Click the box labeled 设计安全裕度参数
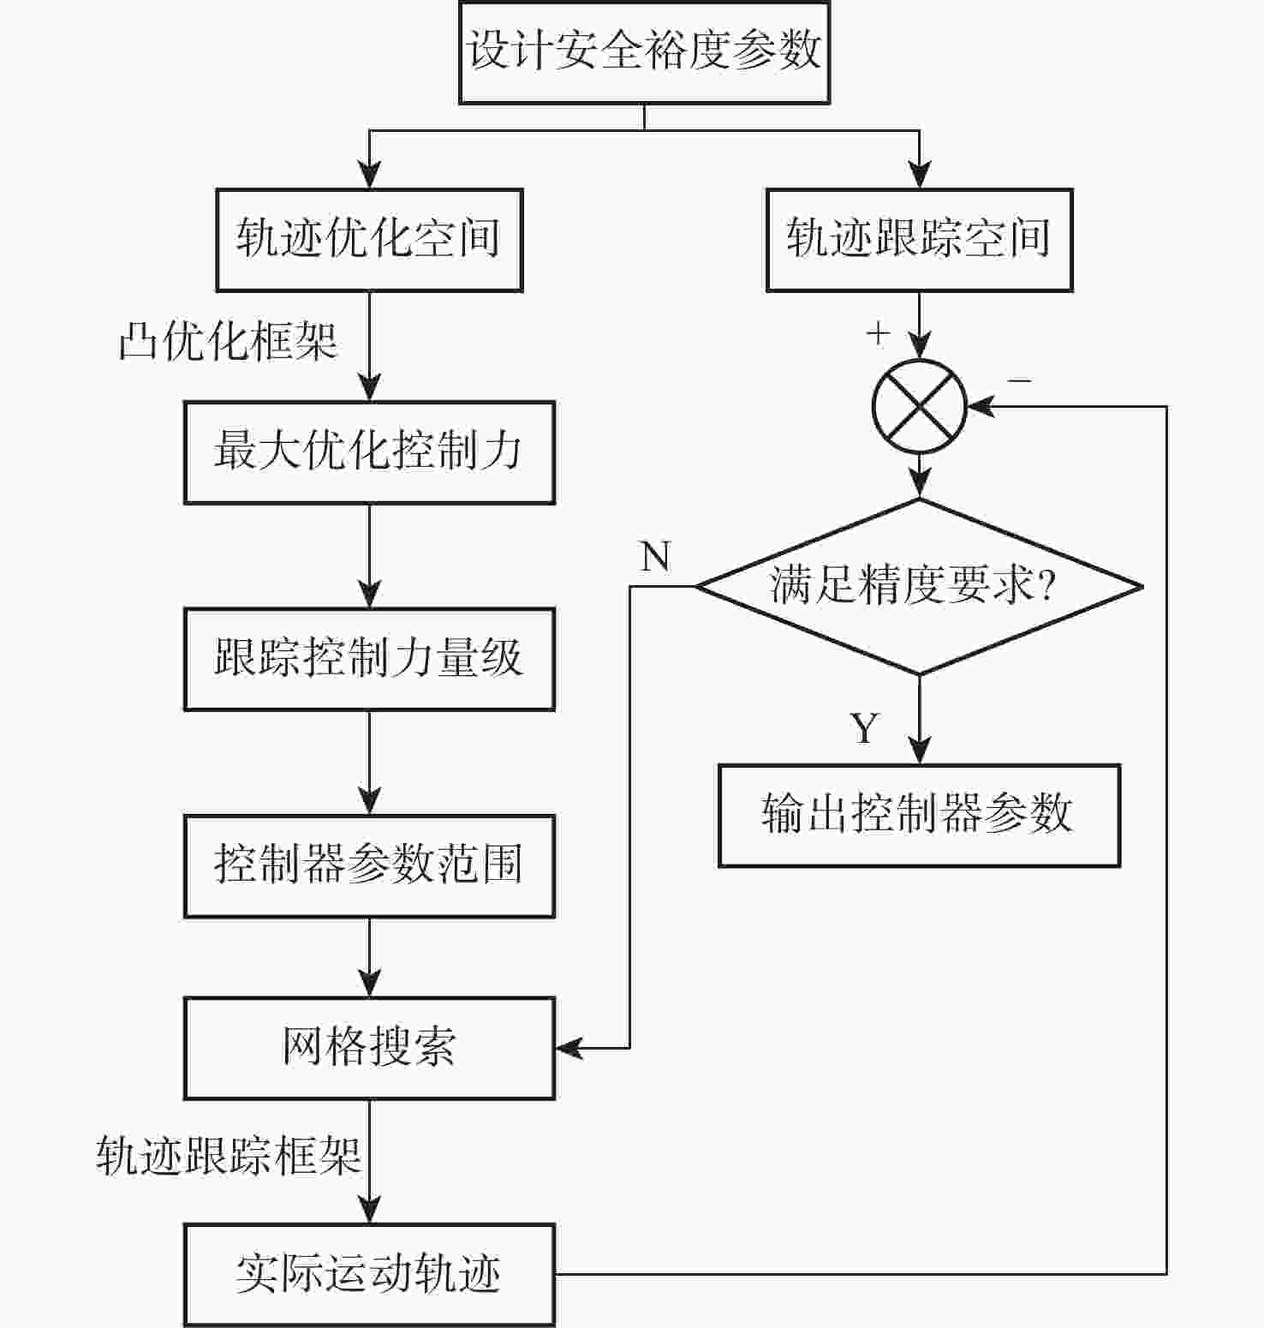click(x=644, y=51)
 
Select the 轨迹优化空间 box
click(x=369, y=240)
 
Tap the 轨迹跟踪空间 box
click(x=919, y=240)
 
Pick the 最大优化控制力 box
click(x=369, y=452)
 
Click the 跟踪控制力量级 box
click(x=369, y=659)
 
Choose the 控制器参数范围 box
click(x=369, y=865)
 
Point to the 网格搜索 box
click(x=369, y=1048)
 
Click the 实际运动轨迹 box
click(x=369, y=1275)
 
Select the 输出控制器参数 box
click(x=919, y=815)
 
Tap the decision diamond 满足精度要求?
click(x=919, y=587)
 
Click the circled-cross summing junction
click(x=919, y=407)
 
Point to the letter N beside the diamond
click(x=655, y=558)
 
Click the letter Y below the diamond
click(x=865, y=728)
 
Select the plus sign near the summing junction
click(x=878, y=333)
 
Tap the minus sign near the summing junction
click(x=1019, y=380)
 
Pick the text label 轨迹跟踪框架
click(x=228, y=1157)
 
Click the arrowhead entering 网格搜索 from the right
click(x=568, y=1048)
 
